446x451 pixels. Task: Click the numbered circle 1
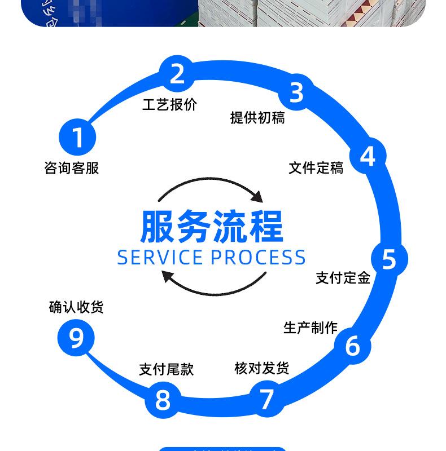(77, 137)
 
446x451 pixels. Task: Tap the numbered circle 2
(177, 74)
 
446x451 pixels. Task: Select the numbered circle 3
(296, 92)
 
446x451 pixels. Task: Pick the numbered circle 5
(389, 259)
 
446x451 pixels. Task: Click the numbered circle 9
(76, 338)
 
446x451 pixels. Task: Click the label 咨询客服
(72, 168)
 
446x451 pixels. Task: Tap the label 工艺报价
(170, 105)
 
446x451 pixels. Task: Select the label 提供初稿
(257, 117)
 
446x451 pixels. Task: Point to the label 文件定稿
(316, 168)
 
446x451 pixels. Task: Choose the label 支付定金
(343, 277)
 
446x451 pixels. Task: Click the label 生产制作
(310, 328)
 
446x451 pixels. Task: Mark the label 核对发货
(261, 368)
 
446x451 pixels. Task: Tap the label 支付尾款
(167, 369)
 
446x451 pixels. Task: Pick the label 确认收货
(76, 307)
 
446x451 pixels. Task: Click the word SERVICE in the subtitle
(159, 257)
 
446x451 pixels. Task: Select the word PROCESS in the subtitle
(258, 257)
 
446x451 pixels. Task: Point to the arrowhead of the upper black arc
(257, 196)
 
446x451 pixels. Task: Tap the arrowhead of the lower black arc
(168, 276)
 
